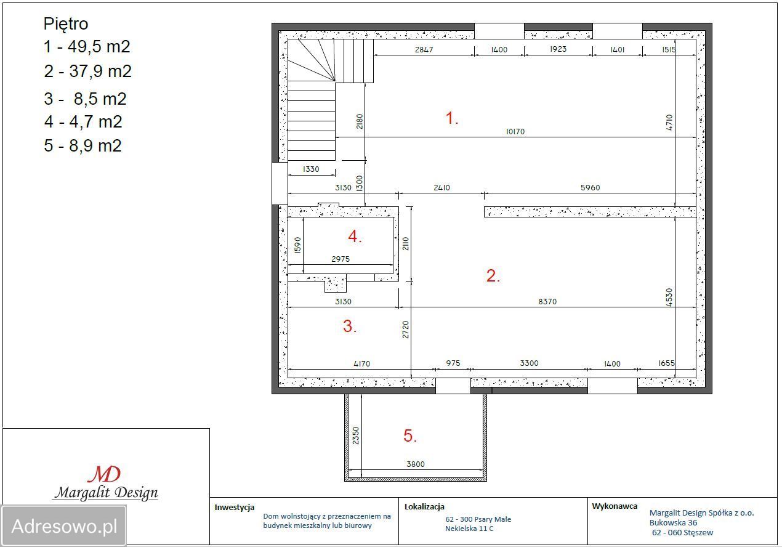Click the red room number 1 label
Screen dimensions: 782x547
(x=451, y=118)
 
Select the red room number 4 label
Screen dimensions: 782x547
(x=355, y=237)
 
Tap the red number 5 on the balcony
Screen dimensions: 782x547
(x=410, y=436)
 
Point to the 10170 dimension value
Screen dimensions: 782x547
(x=515, y=132)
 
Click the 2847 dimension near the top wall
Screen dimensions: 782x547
(x=424, y=50)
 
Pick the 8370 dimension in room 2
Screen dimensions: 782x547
(x=547, y=301)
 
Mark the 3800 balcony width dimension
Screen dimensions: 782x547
(x=416, y=464)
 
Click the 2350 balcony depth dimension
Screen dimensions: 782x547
(x=355, y=436)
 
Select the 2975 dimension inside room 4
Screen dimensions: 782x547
(x=341, y=259)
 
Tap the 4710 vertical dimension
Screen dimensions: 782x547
(x=669, y=123)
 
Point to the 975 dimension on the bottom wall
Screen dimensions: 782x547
(x=453, y=363)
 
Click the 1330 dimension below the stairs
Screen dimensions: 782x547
(x=311, y=169)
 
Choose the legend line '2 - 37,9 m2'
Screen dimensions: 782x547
(x=87, y=71)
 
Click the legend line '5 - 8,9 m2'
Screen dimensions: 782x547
(x=83, y=145)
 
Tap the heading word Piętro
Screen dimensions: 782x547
(x=66, y=25)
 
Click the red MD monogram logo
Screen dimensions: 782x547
(x=104, y=474)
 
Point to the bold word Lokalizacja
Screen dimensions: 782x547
(x=424, y=506)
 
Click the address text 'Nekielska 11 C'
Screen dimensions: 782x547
(x=469, y=529)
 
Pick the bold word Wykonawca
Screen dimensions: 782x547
(x=615, y=506)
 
